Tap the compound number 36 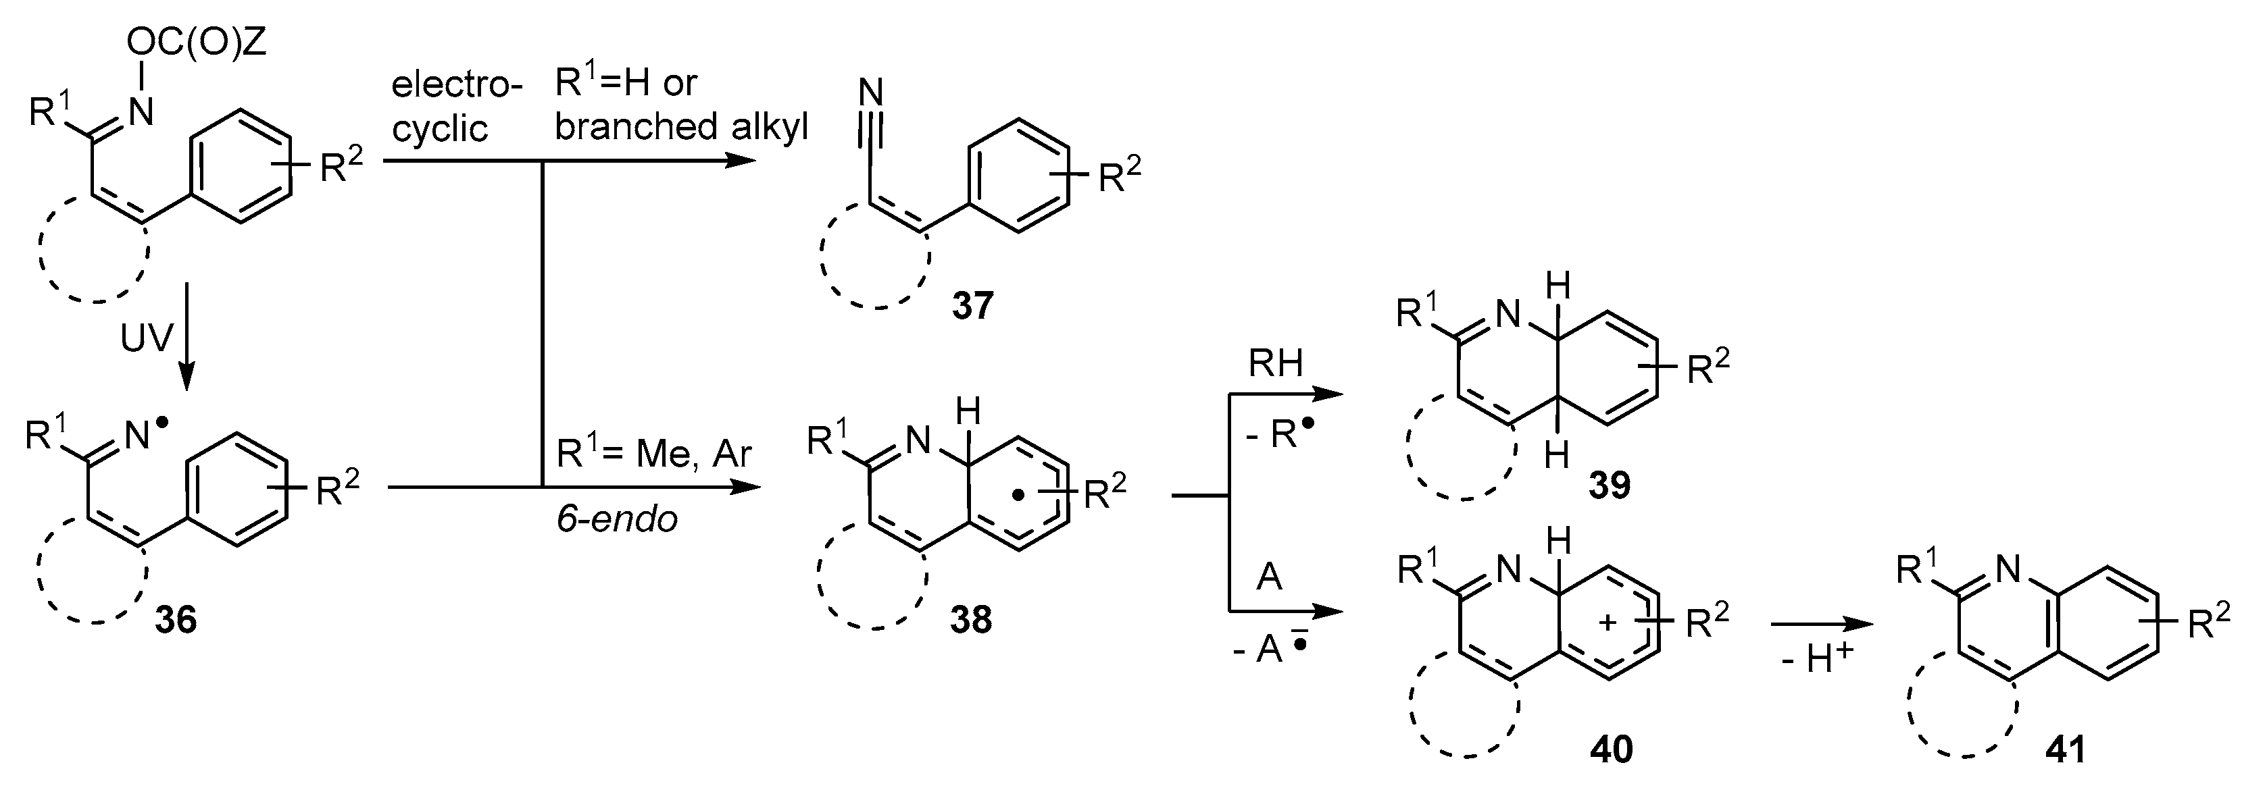176,621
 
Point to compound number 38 971,621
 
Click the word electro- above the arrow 456,85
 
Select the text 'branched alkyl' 682,127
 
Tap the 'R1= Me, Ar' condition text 653,454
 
